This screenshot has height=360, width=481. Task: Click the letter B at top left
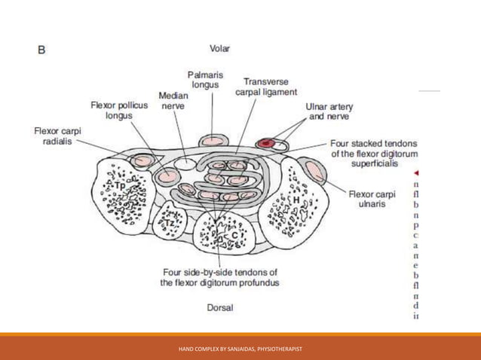[42, 50]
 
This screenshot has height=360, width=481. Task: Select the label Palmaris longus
[204, 80]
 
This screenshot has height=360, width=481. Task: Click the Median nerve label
[172, 101]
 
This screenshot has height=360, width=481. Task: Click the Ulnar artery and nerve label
[328, 111]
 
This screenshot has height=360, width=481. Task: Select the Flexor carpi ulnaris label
[368, 199]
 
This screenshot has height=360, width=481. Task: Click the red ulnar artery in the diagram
[265, 143]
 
